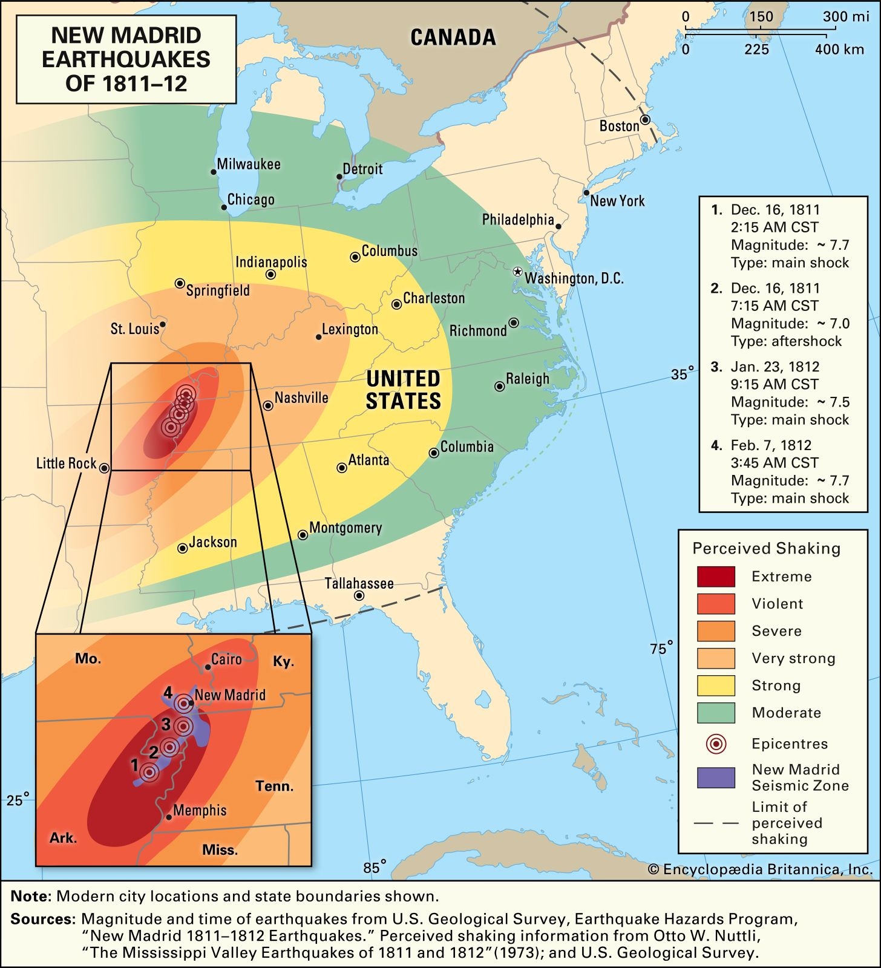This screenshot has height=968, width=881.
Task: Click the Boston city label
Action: click(619, 126)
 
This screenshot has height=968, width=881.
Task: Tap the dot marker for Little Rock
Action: click(104, 468)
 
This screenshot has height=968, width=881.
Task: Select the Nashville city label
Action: click(301, 397)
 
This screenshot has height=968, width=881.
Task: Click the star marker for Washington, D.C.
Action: click(517, 272)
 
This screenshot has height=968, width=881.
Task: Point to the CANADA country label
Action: click(453, 38)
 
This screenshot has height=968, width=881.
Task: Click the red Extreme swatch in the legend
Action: click(716, 577)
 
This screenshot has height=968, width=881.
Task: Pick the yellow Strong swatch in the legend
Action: click(716, 685)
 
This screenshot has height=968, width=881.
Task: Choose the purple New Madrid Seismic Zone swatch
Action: click(716, 777)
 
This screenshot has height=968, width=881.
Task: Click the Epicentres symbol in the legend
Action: click(716, 744)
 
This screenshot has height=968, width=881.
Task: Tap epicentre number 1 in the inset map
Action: click(149, 772)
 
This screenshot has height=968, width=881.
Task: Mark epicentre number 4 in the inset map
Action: click(182, 703)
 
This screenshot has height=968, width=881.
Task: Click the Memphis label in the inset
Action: click(200, 810)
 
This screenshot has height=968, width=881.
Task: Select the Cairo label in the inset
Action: click(226, 659)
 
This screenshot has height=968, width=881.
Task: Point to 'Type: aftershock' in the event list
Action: click(786, 341)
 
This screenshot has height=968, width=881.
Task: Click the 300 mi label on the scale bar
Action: click(845, 16)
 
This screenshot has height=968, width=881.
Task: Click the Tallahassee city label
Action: click(359, 583)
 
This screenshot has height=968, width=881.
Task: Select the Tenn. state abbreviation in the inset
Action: click(274, 786)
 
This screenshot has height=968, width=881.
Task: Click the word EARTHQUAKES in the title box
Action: click(126, 59)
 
